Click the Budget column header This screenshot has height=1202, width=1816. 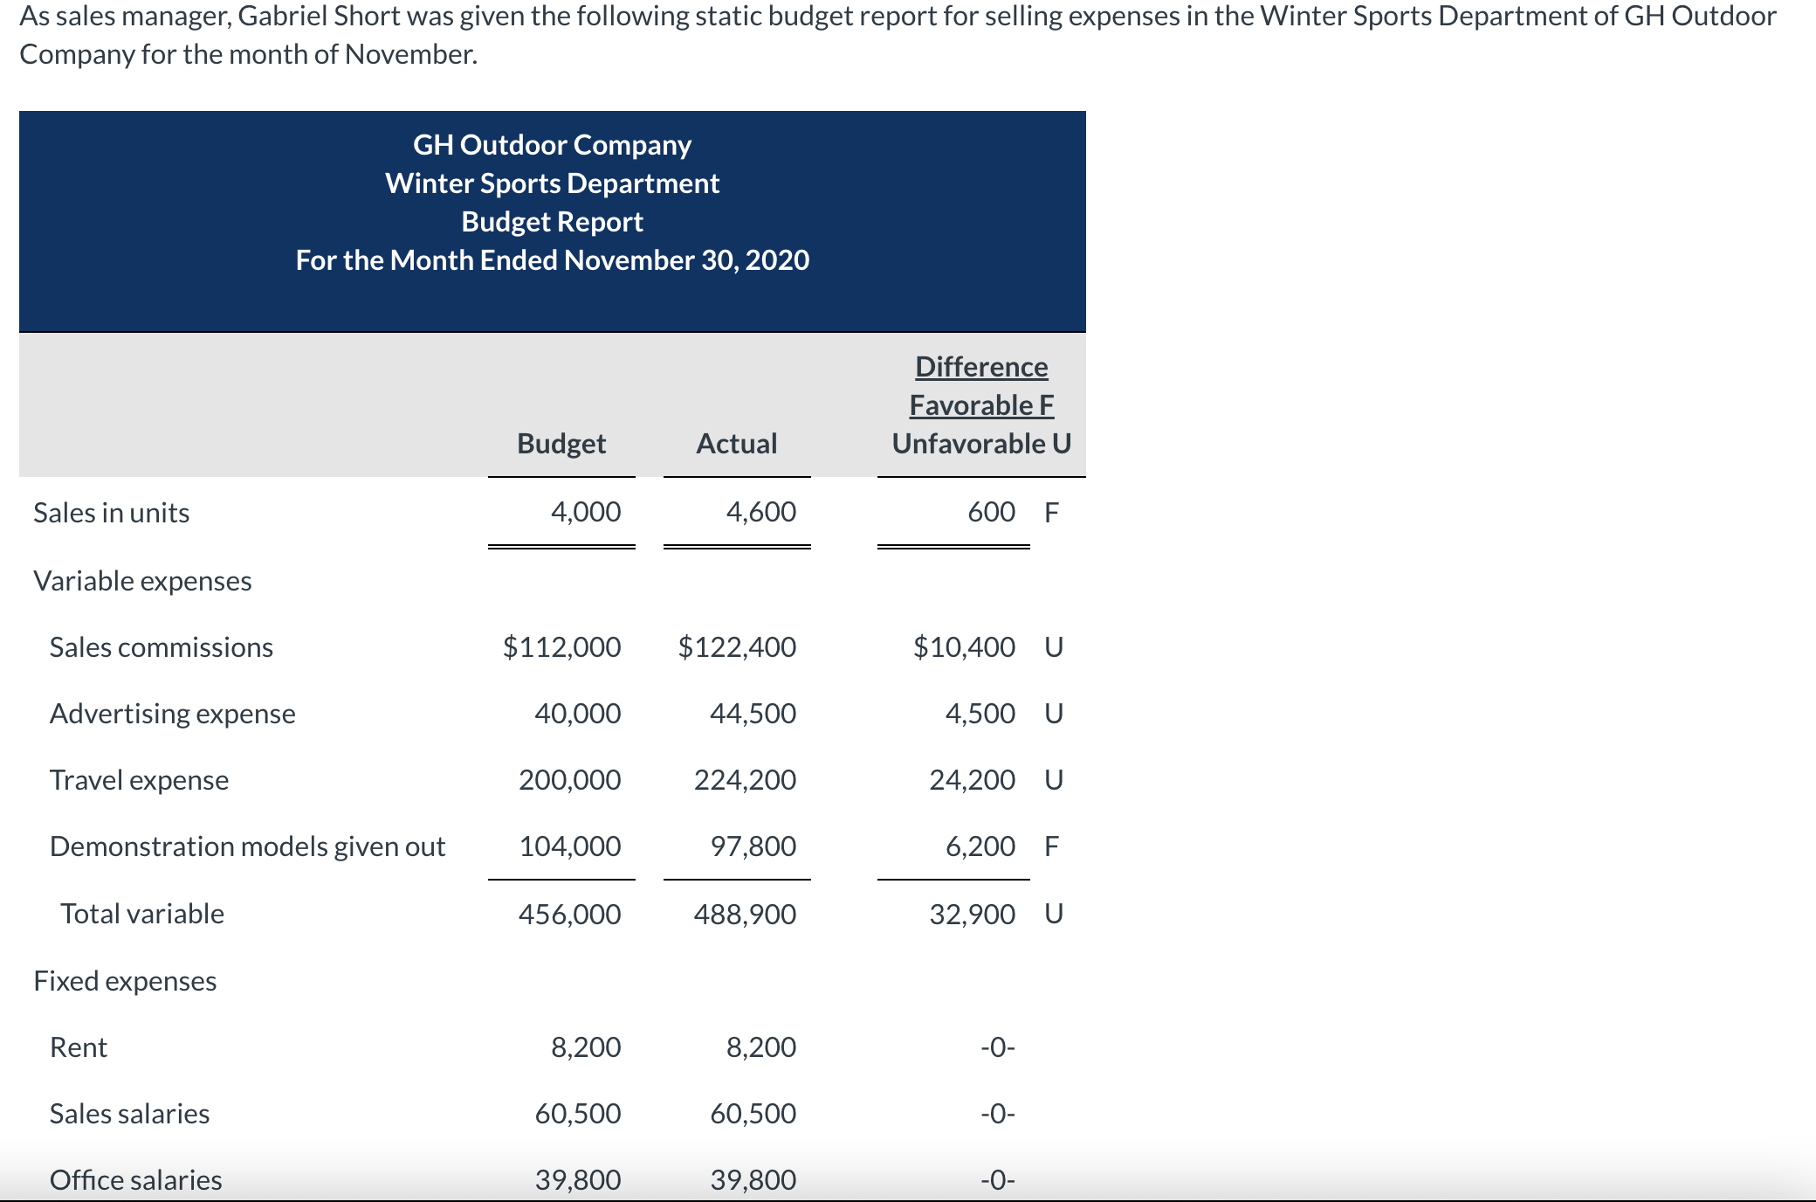pos(561,444)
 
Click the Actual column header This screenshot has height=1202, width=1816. pos(737,444)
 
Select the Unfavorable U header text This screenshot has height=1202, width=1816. pos(981,444)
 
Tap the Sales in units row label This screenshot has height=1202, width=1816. pos(112,513)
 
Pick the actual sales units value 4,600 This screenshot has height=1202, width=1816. pos(761,512)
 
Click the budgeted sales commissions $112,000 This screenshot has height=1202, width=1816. pos(562,647)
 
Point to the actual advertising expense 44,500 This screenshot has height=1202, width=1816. pos(753,714)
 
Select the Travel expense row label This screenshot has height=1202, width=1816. pos(140,780)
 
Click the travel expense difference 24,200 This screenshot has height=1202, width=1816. pos(973,779)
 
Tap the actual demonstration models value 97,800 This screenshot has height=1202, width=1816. pos(753,846)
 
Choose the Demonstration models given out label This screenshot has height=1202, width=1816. pos(248,846)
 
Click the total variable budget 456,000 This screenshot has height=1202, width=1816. pos(570,915)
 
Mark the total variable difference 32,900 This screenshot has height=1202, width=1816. pos(973,915)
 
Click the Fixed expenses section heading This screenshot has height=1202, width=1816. pos(126,981)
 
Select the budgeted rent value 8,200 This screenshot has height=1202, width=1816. pos(586,1047)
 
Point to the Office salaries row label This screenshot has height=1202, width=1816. pos(136,1180)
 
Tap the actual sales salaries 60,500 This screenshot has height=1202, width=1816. pos(753,1114)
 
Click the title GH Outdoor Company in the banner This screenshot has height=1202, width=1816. pos(553,145)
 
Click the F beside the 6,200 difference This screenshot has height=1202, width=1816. pos(1052,846)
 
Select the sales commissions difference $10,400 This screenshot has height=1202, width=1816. pos(965,647)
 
